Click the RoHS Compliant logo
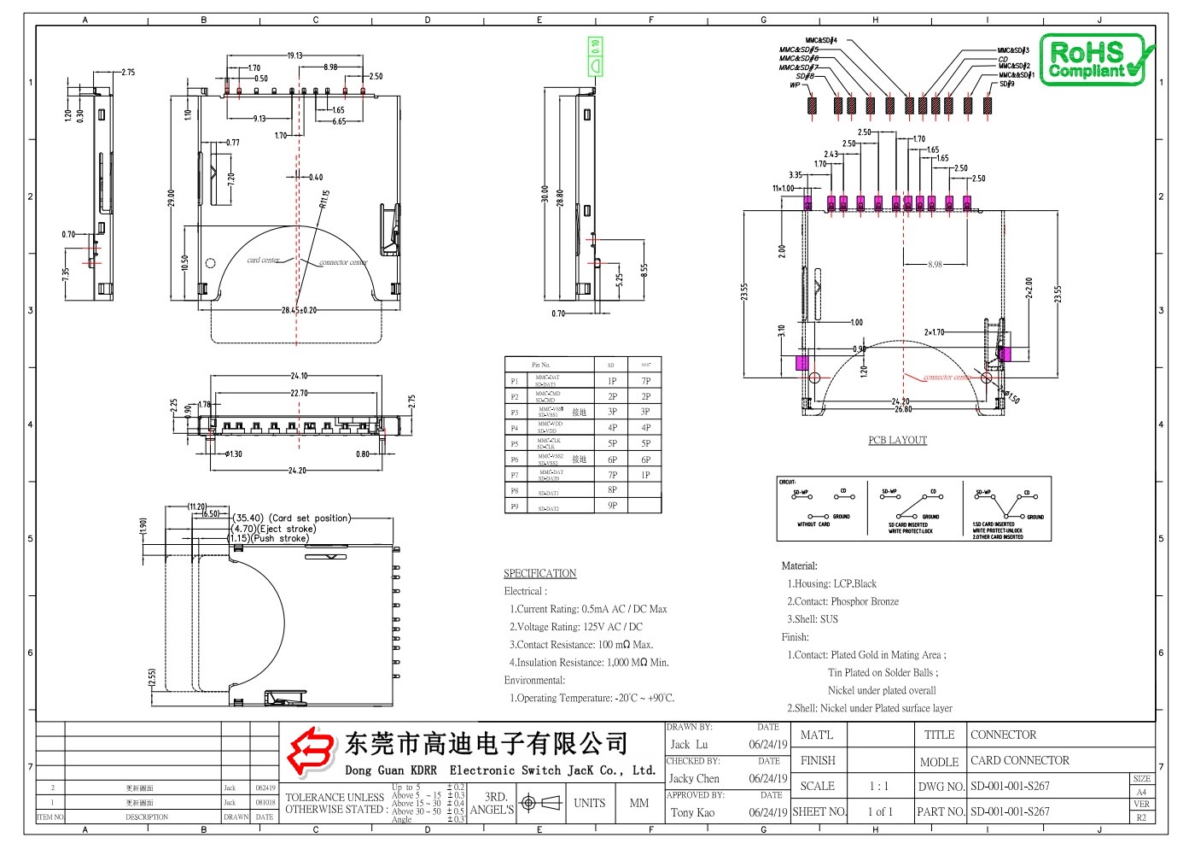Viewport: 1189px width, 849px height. point(1096,60)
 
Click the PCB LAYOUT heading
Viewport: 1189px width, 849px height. point(897,441)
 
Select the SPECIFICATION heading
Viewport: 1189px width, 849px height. point(539,574)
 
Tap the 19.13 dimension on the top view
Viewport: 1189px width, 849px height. point(294,56)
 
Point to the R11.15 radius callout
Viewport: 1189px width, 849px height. point(324,199)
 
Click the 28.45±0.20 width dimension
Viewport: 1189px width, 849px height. point(299,311)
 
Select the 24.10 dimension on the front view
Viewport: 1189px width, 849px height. point(299,376)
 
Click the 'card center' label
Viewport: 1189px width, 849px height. point(263,260)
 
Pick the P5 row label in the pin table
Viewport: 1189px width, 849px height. point(515,444)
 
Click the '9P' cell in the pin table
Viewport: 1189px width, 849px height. point(612,506)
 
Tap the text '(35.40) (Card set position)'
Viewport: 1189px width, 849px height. point(291,518)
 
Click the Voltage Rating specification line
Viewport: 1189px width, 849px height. point(576,627)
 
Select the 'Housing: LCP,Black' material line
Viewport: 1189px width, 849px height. point(832,584)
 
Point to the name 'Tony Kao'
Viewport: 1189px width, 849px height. point(692,813)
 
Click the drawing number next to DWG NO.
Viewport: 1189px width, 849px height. point(1010,787)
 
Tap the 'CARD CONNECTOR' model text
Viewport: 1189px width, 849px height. point(1019,761)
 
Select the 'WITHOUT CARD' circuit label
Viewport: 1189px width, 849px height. point(813,525)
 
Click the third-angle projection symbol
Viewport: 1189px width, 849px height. point(541,804)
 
